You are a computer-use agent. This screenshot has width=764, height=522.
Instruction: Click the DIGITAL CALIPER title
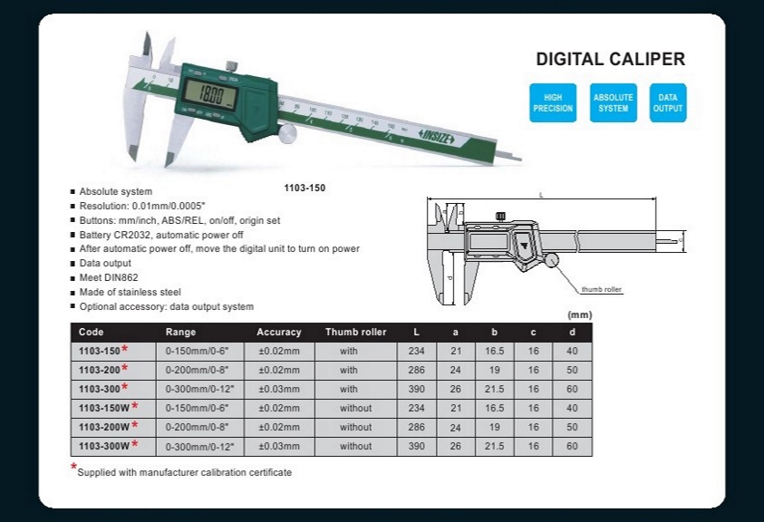(x=610, y=60)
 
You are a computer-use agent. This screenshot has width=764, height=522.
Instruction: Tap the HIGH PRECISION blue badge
(x=553, y=102)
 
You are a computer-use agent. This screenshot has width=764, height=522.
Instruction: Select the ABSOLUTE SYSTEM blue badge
(x=614, y=102)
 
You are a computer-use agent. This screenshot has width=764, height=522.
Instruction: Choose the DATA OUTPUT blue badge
(x=668, y=102)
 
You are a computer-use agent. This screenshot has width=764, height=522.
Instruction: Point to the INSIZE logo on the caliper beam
(x=441, y=133)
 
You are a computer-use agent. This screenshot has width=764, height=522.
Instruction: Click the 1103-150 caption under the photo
(x=305, y=188)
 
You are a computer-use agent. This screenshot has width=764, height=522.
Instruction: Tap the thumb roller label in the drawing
(x=602, y=289)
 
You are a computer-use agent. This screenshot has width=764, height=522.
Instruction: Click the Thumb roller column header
(x=355, y=332)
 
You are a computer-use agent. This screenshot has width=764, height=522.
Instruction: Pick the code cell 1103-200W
(x=102, y=427)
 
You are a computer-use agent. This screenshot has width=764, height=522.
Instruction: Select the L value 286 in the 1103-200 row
(x=417, y=370)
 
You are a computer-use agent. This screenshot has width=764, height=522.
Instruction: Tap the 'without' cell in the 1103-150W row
(x=355, y=408)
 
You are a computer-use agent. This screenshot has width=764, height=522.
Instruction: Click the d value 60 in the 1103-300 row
(x=571, y=389)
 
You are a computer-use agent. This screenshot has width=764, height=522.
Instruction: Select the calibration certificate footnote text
(x=185, y=472)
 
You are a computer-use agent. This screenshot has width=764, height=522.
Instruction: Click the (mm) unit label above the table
(x=578, y=314)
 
